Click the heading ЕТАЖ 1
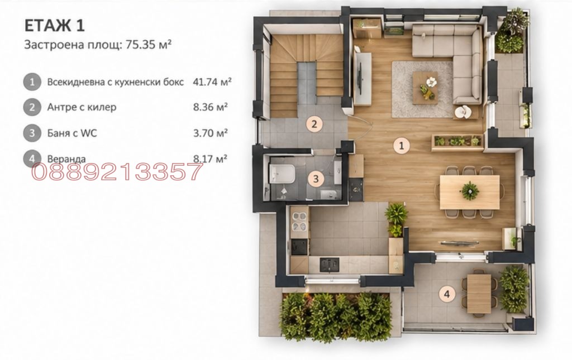[x=54, y=26]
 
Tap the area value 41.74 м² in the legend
[x=212, y=81]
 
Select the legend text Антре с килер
[x=82, y=107]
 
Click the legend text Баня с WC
[x=72, y=133]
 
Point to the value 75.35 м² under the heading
[x=149, y=45]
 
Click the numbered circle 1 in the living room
[x=401, y=146]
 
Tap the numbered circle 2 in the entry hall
[x=314, y=124]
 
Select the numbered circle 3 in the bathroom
[x=316, y=179]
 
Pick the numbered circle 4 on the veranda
[x=447, y=294]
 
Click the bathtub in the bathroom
[x=282, y=174]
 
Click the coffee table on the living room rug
[x=425, y=88]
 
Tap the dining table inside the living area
[x=469, y=192]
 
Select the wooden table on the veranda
[x=479, y=294]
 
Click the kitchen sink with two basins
[x=299, y=222]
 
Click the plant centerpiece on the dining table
[x=469, y=191]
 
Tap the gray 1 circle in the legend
[x=32, y=82]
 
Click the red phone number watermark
[x=117, y=172]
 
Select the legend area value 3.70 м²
[x=211, y=133]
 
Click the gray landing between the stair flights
[x=306, y=83]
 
